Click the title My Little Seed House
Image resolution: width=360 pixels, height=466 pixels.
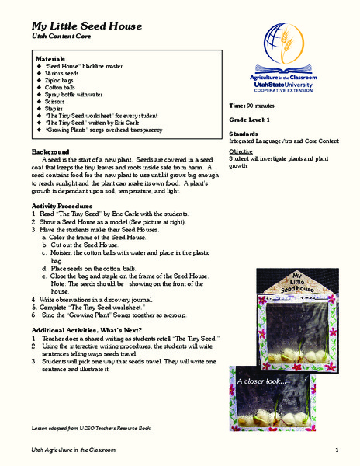click(x=86, y=26)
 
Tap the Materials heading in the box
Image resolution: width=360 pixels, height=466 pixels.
click(x=52, y=59)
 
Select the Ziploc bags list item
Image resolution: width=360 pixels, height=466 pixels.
click(x=61, y=80)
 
